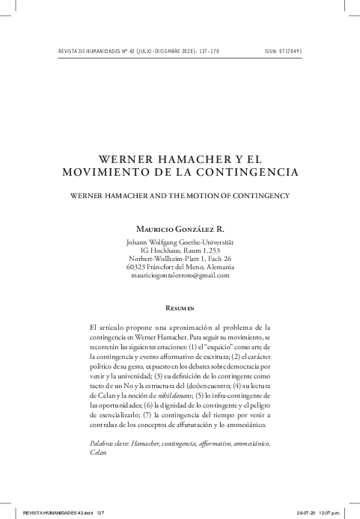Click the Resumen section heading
pos(180,307)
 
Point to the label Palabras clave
pos(111,444)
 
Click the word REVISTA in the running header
pos(58,52)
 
